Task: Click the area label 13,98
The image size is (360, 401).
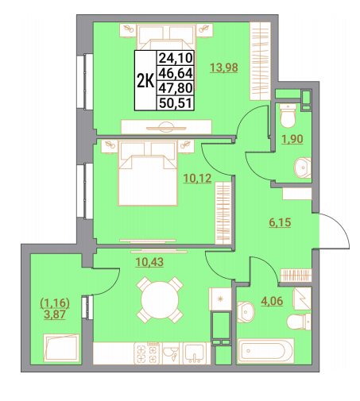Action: pyautogui.click(x=224, y=67)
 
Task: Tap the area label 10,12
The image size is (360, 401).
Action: pyautogui.click(x=197, y=179)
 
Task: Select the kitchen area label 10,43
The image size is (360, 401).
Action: pyautogui.click(x=149, y=262)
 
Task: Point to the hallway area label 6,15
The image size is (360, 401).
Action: pyautogui.click(x=280, y=222)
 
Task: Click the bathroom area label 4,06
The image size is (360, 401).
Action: pyautogui.click(x=272, y=301)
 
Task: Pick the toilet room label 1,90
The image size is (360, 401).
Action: pyautogui.click(x=292, y=139)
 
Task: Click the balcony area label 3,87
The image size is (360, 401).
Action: pyautogui.click(x=55, y=314)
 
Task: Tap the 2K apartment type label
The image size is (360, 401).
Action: pyautogui.click(x=145, y=80)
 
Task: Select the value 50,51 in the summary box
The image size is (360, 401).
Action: pyautogui.click(x=176, y=103)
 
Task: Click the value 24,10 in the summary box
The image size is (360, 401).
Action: pyautogui.click(x=176, y=57)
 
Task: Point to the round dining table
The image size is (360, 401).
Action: pyautogui.click(x=160, y=300)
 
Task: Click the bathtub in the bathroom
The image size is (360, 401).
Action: pyautogui.click(x=265, y=351)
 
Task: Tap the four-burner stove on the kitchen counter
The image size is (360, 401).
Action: pyautogui.click(x=147, y=353)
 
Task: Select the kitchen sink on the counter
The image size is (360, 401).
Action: pyautogui.click(x=195, y=353)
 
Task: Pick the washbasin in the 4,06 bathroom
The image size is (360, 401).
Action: pyautogui.click(x=246, y=312)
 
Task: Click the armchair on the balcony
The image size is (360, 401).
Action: pyautogui.click(x=61, y=348)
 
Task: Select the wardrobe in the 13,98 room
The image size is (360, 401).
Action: pyautogui.click(x=260, y=61)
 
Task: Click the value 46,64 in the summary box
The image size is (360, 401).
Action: pyautogui.click(x=176, y=73)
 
